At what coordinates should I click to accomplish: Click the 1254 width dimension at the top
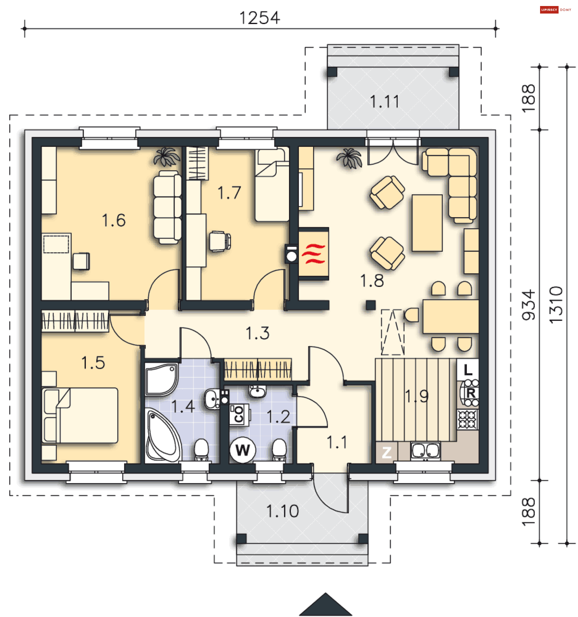click(260, 18)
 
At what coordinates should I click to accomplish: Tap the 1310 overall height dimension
click(556, 305)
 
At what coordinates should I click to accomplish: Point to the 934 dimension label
click(528, 305)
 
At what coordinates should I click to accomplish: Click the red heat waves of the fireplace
click(313, 254)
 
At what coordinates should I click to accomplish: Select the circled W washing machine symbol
click(243, 450)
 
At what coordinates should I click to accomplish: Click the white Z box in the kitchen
click(387, 452)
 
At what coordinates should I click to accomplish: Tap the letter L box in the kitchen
click(468, 370)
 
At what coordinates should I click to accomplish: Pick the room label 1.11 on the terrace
click(384, 101)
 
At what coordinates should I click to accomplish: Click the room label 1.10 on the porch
click(282, 511)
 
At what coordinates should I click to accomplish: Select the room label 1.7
click(229, 193)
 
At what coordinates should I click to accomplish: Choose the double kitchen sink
click(425, 451)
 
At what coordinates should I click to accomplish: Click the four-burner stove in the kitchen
click(468, 420)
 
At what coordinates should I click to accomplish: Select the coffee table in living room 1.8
click(427, 223)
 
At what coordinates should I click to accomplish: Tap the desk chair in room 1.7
click(220, 241)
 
